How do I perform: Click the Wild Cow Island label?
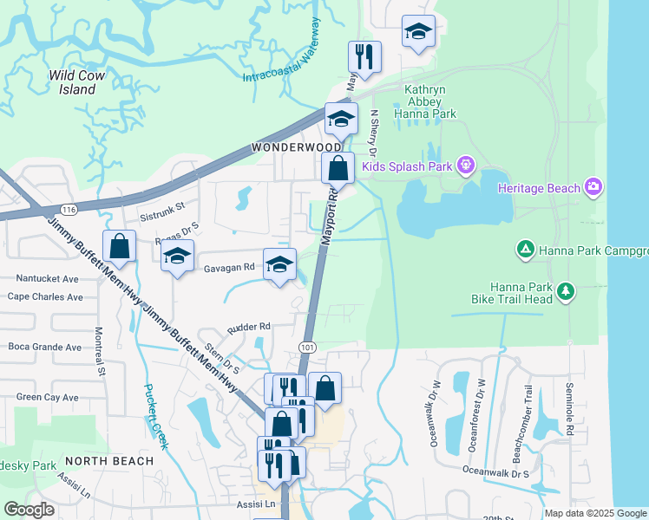click(x=77, y=82)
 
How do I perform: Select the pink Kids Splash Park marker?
click(x=465, y=163)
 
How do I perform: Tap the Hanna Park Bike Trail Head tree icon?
click(x=566, y=290)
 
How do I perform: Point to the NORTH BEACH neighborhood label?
click(x=108, y=460)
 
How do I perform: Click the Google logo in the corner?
click(x=29, y=510)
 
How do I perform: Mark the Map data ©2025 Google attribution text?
click(x=595, y=513)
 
